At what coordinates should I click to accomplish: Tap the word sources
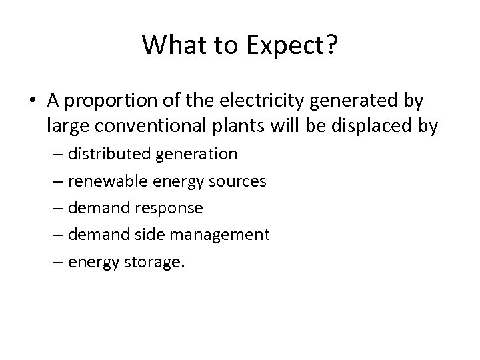pyautogui.click(x=238, y=181)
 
